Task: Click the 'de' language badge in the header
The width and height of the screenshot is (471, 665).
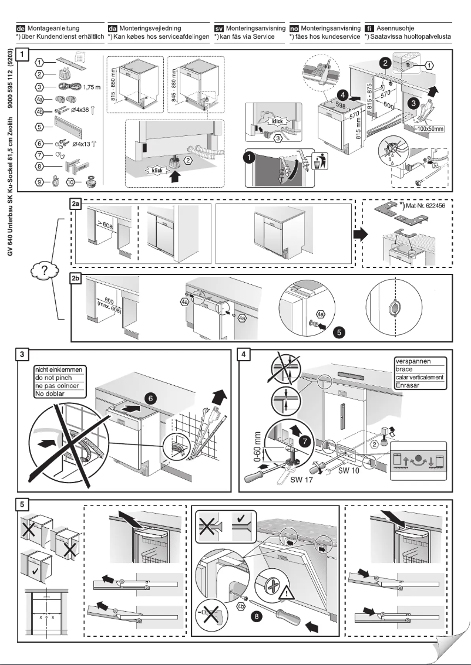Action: (x=21, y=28)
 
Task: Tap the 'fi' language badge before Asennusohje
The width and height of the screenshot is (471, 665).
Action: (x=369, y=28)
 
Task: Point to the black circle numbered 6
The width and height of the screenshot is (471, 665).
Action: (x=151, y=398)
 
